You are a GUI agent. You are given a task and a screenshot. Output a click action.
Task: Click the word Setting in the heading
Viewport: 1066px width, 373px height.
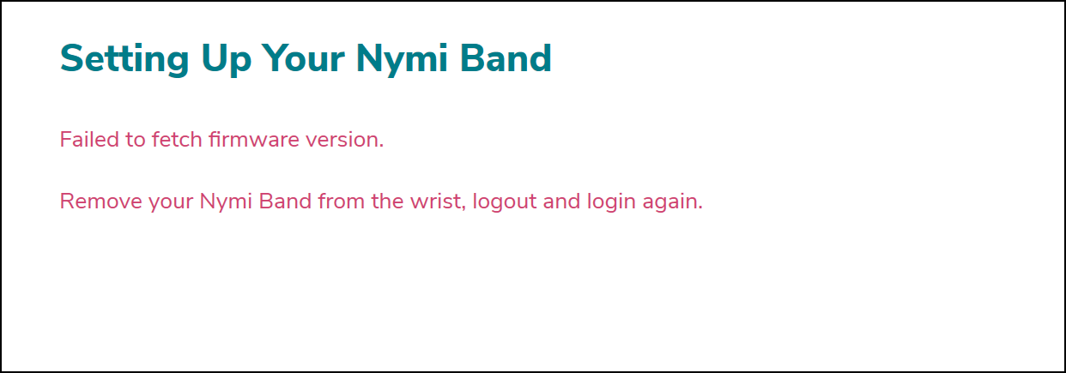click(x=124, y=59)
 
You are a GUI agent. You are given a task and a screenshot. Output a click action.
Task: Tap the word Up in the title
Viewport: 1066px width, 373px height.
click(x=226, y=59)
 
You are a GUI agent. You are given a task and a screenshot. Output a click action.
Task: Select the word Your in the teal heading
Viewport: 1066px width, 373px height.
click(x=303, y=58)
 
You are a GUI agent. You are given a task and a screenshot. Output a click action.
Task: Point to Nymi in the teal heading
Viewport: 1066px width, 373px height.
click(x=402, y=59)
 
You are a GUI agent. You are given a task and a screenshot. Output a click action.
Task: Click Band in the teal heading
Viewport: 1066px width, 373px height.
click(x=506, y=58)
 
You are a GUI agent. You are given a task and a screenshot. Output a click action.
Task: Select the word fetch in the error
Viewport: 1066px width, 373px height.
click(x=177, y=139)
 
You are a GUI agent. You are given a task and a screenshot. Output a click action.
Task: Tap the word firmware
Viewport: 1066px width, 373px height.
click(x=254, y=139)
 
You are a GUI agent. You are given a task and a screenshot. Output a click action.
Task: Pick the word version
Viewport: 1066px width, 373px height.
click(x=344, y=139)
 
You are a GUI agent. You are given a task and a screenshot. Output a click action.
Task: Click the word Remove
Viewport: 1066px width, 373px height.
click(x=101, y=201)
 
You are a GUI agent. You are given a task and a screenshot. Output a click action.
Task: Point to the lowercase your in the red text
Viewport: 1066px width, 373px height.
click(x=171, y=203)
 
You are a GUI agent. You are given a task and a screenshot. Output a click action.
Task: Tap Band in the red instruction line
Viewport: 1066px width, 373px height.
click(x=285, y=201)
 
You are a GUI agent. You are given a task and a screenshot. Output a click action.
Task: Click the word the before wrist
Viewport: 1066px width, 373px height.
click(x=388, y=201)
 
